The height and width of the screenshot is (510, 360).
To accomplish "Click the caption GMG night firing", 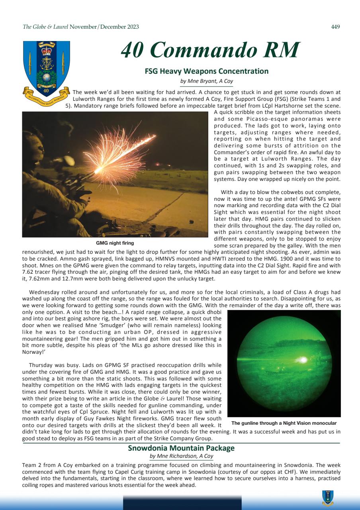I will coord(115,243).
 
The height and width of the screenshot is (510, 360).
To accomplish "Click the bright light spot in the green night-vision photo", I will coord(303,359).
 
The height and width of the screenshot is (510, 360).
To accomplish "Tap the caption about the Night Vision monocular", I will coord(284,423).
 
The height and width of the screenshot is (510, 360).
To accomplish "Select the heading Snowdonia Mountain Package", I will coord(181,448).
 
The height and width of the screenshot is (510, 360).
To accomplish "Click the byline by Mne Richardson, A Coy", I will coord(181,456).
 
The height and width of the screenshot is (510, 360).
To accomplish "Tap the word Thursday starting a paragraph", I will coord(40,365).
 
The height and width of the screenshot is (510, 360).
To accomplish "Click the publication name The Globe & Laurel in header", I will coord(45,27).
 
